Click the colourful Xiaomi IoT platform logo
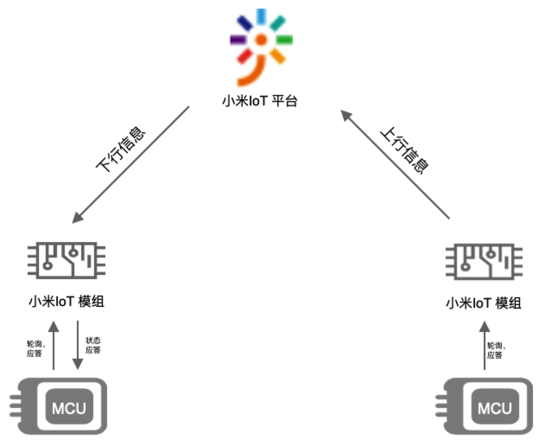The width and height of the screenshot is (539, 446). coord(260,47)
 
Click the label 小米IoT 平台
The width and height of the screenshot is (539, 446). coord(260,101)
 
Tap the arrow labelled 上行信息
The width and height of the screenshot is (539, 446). coord(395,164)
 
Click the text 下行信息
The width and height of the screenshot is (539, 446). coord(120,149)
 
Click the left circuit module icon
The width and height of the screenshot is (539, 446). coord(67,261)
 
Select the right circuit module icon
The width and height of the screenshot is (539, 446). coord(484,262)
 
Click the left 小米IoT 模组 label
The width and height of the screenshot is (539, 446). coord(67,301)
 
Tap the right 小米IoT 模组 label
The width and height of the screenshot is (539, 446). coord(483,303)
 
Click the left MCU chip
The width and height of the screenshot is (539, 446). coord(60,406)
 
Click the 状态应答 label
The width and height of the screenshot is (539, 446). coord(93,345)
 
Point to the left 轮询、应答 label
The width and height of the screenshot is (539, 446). coord(35,349)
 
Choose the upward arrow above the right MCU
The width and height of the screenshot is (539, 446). coord(484,345)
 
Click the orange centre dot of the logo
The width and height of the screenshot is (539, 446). coord(261,40)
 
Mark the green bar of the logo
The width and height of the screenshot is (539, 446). coord(285,40)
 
